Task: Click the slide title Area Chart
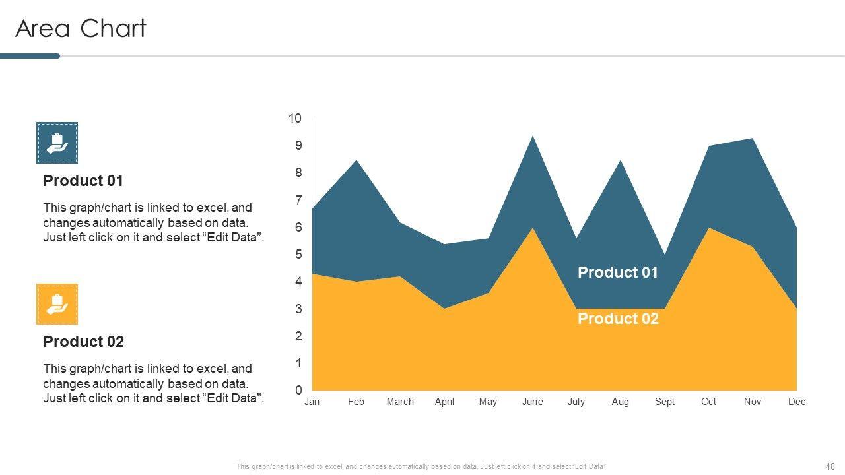click(81, 29)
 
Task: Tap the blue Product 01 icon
click(57, 142)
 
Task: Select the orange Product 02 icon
click(57, 304)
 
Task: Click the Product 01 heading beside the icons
click(83, 181)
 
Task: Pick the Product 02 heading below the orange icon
click(83, 342)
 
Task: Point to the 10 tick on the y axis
click(294, 119)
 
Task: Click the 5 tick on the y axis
click(298, 255)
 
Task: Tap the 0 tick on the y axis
click(298, 391)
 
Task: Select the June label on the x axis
click(532, 402)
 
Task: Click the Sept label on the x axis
click(664, 402)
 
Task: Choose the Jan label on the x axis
click(312, 402)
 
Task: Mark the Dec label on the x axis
click(797, 402)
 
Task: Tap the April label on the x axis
click(444, 402)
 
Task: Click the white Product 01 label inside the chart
click(618, 272)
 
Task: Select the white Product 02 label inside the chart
click(618, 319)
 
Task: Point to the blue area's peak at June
click(532, 137)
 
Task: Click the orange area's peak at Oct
click(708, 229)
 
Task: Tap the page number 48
click(830, 466)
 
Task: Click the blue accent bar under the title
click(30, 56)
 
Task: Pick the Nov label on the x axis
click(753, 402)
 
